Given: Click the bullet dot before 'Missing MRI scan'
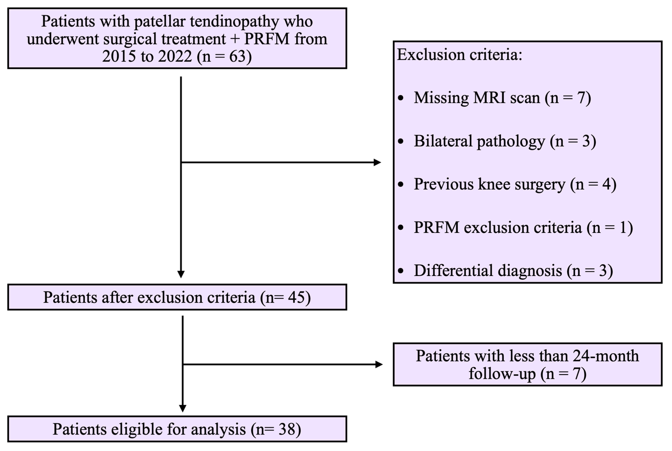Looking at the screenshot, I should [x=401, y=98].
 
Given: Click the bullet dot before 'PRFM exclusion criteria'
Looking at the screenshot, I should [x=401, y=227].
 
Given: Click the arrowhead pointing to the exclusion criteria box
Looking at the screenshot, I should [x=377, y=162].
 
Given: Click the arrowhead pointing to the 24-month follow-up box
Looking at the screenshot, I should [x=379, y=364].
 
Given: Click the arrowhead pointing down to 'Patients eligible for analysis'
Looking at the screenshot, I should [x=183, y=409].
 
